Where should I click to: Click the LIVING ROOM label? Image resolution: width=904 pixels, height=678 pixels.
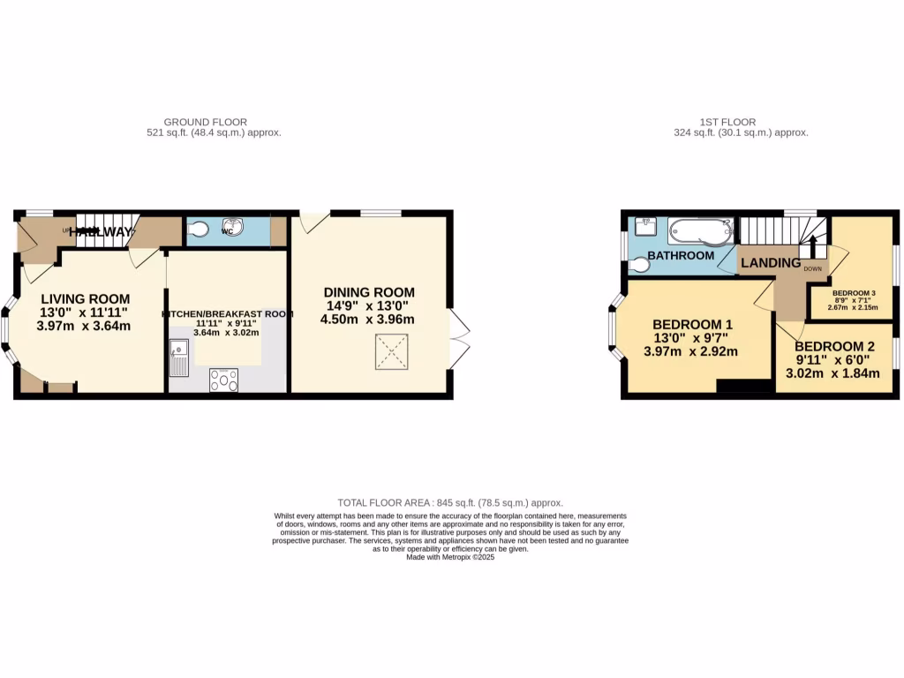point(84,299)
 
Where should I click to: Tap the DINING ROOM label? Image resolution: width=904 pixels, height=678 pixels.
point(368,293)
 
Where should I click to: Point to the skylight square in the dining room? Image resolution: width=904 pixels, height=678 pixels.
point(387,357)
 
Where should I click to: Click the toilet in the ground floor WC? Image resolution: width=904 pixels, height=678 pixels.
point(198,230)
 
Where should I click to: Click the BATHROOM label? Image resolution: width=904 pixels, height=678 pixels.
point(681,256)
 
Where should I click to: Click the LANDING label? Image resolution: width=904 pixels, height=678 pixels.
point(770,263)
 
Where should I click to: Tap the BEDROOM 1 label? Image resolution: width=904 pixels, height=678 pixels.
point(691,325)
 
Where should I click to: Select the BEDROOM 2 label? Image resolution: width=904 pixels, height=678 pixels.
point(833,347)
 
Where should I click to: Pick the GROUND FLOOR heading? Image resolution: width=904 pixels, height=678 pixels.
point(205,122)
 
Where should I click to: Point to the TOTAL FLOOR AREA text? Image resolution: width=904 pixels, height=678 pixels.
point(450,502)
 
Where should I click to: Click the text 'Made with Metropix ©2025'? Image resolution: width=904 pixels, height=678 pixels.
point(450,557)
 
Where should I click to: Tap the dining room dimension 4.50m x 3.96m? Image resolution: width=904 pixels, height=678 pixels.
point(367,320)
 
